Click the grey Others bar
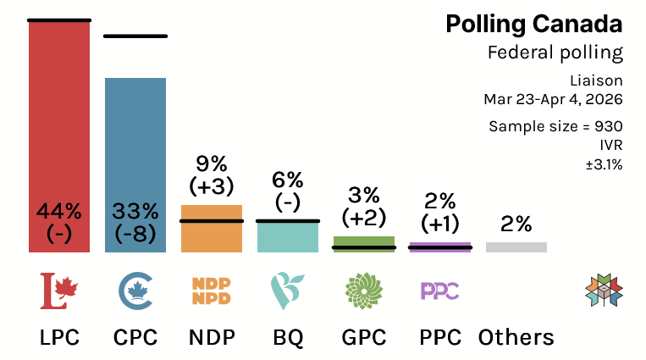pos(516,247)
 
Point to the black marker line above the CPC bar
pos(135,36)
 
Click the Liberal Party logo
pos(59,290)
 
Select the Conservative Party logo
pos(135,290)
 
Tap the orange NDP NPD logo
pos(211,290)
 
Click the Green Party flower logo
pos(363,290)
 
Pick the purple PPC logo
pos(439,291)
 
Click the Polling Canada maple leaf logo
pos(604,290)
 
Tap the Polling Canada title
pos(533,25)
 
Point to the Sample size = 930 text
pos(555,126)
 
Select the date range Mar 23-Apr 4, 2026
pos(553,99)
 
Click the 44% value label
pos(58,210)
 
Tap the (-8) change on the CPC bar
pos(135,235)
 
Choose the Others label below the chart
pos(516,337)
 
